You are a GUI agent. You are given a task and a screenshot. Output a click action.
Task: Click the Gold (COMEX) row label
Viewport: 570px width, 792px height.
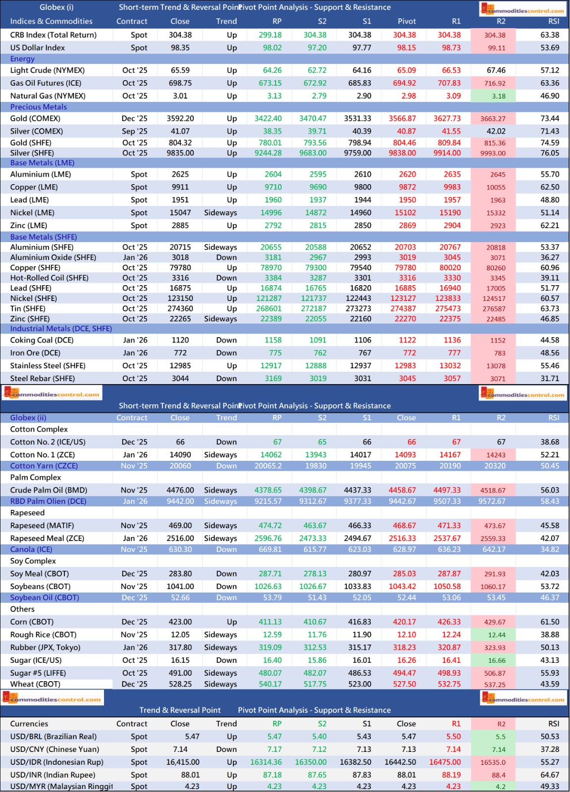35,119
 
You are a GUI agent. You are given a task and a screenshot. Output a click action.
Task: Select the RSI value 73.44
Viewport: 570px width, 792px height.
550,119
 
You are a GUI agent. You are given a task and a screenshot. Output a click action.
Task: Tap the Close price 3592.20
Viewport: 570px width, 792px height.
180,119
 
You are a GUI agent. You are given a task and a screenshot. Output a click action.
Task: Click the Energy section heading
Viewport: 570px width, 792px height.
22,59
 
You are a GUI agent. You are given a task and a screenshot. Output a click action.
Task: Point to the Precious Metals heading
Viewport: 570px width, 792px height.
39,107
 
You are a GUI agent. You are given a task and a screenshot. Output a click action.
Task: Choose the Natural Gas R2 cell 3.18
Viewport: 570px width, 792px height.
498,96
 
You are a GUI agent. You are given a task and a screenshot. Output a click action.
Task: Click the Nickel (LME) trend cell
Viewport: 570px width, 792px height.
220,213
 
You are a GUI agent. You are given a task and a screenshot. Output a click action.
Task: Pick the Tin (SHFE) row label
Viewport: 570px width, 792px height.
29,308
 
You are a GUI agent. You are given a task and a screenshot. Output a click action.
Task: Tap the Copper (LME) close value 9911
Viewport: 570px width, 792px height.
180,187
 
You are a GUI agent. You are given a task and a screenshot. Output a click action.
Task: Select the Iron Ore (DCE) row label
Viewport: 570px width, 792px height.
35,353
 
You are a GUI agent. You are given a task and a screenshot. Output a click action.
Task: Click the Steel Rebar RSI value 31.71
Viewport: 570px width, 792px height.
550,379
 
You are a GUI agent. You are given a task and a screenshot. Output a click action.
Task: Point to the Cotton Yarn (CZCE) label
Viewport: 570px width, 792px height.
44,466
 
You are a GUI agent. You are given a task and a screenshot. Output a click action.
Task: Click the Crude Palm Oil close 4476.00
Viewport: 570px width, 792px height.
180,490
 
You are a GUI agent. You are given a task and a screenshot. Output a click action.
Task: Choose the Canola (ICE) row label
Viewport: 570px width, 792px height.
31,549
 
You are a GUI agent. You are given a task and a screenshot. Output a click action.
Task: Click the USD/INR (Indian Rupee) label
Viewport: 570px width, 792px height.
52,775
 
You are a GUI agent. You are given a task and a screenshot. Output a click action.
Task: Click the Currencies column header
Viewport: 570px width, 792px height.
29,724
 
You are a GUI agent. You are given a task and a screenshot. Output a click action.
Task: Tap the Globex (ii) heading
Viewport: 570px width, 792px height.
28,418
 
